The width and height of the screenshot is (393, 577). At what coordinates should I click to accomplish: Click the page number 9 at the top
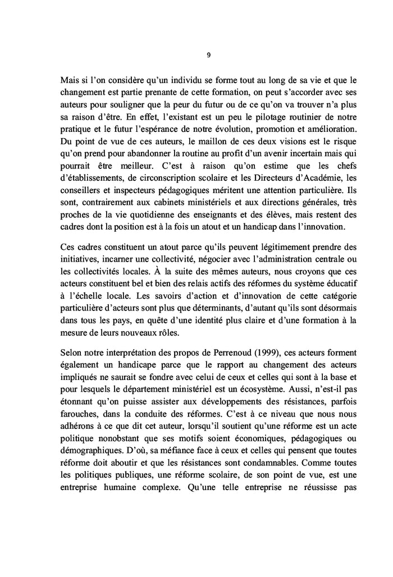[x=209, y=55]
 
